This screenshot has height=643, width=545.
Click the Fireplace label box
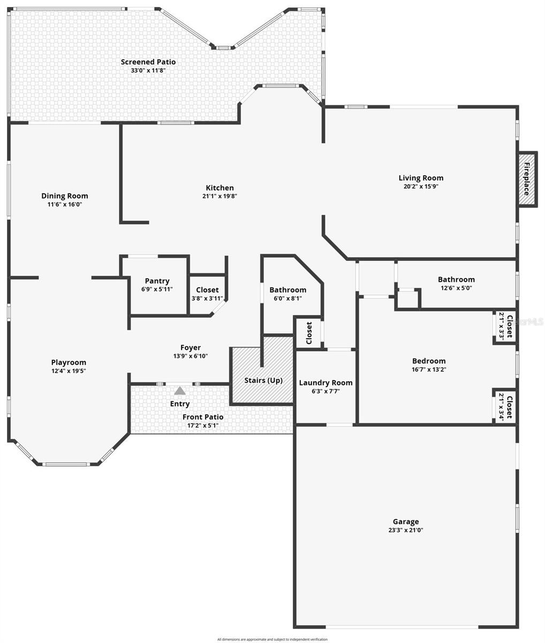pyautogui.click(x=527, y=178)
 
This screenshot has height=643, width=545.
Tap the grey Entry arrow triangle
pyautogui.click(x=180, y=391)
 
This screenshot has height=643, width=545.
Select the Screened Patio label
pyautogui.click(x=148, y=62)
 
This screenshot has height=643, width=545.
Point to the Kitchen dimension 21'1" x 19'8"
pyautogui.click(x=219, y=196)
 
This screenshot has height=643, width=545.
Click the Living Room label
pyautogui.click(x=421, y=178)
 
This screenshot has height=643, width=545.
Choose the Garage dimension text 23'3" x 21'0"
pyautogui.click(x=405, y=530)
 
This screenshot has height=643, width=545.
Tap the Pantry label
pyautogui.click(x=157, y=281)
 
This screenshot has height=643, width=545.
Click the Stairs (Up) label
pyautogui.click(x=263, y=380)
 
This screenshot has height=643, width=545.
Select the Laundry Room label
pyautogui.click(x=326, y=383)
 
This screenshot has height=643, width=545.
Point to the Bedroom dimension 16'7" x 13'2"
pyautogui.click(x=428, y=369)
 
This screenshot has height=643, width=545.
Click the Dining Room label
pyautogui.click(x=65, y=196)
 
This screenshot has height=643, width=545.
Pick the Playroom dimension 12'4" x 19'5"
pyautogui.click(x=69, y=371)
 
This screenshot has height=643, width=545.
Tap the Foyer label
pyautogui.click(x=190, y=348)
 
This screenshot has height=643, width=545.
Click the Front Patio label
pyautogui.click(x=203, y=417)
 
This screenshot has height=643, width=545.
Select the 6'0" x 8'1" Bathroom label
pyautogui.click(x=287, y=290)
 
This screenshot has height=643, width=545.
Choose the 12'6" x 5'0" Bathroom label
pyautogui.click(x=456, y=279)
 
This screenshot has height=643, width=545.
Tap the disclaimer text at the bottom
pyautogui.click(x=272, y=639)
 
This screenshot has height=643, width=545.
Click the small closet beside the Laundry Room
pyautogui.click(x=309, y=333)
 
